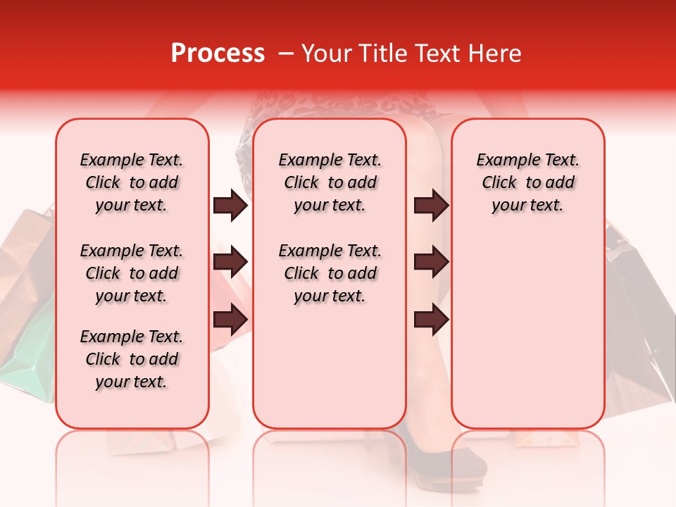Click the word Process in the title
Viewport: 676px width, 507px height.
[218, 54]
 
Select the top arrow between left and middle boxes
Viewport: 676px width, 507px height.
[230, 206]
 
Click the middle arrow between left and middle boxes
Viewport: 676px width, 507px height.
[230, 263]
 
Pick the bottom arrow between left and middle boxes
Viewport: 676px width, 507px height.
[230, 319]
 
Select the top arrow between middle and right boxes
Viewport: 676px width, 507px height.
[431, 206]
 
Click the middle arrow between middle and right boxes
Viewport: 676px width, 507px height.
[431, 263]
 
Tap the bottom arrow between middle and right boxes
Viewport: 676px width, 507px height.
[431, 319]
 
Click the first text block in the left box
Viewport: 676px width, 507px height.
[132, 182]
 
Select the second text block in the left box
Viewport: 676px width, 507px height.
[132, 273]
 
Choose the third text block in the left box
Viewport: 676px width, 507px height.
[132, 359]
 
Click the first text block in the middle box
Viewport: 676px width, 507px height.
[330, 182]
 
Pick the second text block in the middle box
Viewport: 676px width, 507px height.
[330, 273]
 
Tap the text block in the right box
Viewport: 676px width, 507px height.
[527, 182]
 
